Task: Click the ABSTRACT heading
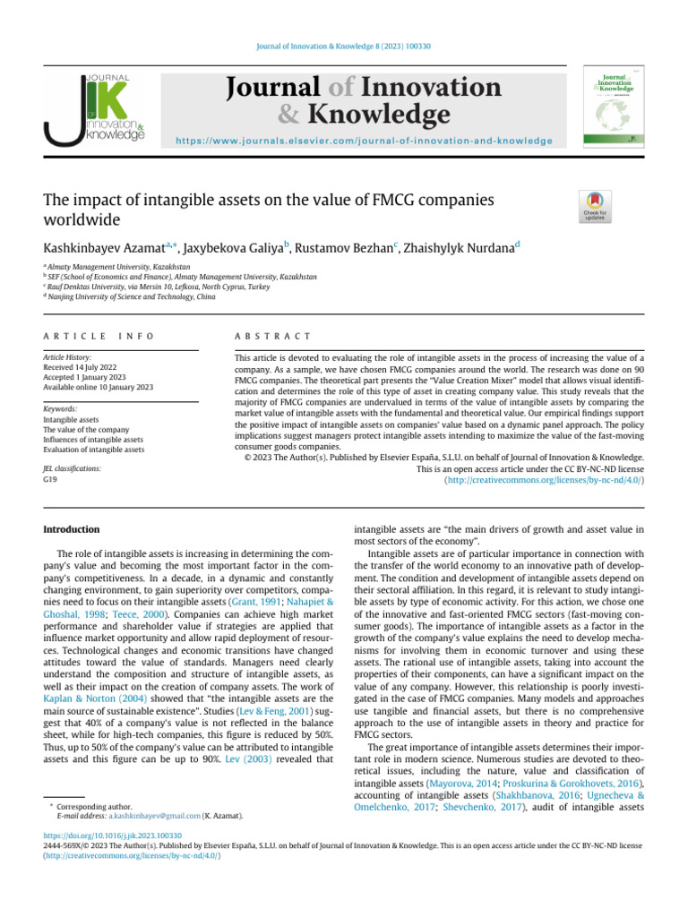271,336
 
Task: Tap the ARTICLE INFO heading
99,336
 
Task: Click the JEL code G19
51,480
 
